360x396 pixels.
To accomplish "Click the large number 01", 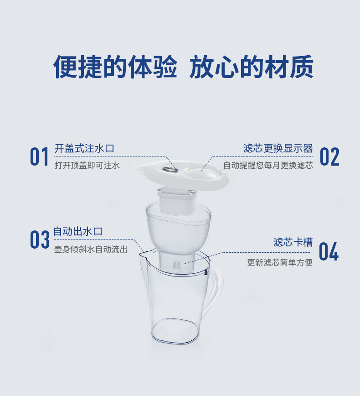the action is pyautogui.click(x=39, y=156).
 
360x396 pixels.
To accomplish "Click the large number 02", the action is pyautogui.click(x=329, y=156).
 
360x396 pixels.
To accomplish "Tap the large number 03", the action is pyautogui.click(x=40, y=240).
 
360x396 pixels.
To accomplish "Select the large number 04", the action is pyautogui.click(x=329, y=251).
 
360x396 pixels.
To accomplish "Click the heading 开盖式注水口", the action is pyautogui.click(x=84, y=148).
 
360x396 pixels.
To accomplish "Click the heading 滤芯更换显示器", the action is pyautogui.click(x=278, y=148).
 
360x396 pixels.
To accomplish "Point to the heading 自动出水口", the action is pyautogui.click(x=78, y=231).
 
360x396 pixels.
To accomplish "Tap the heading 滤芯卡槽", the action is pyautogui.click(x=293, y=242).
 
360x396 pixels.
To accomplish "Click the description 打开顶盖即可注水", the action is pyautogui.click(x=87, y=166).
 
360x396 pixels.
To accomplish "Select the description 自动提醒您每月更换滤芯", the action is pyautogui.click(x=268, y=166).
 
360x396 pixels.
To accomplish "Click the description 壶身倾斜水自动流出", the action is pyautogui.click(x=91, y=249).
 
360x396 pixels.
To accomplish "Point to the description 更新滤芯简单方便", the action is pyautogui.click(x=280, y=262).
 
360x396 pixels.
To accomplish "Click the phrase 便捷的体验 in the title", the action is pyautogui.click(x=115, y=67).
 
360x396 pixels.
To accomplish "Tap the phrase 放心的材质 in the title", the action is pyautogui.click(x=252, y=67).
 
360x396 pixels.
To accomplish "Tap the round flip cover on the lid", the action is pyautogui.click(x=202, y=174).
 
